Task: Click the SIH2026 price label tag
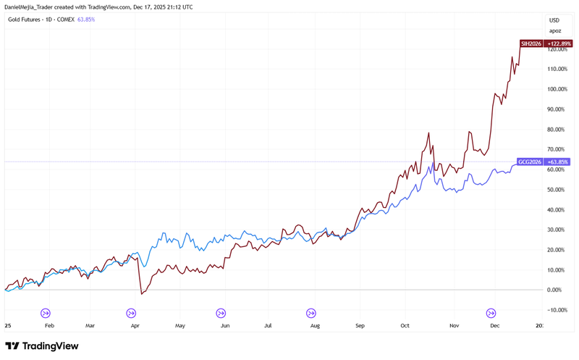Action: (x=529, y=43)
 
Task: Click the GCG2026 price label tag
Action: (x=528, y=162)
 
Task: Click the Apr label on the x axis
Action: (x=135, y=327)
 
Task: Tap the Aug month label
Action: (x=313, y=327)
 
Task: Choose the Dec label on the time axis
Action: (x=494, y=327)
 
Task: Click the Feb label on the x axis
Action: (x=49, y=327)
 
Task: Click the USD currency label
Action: (x=554, y=20)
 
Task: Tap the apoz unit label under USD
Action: (x=554, y=30)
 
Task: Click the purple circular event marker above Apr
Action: (x=131, y=313)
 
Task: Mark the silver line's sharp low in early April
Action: (x=142, y=294)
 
